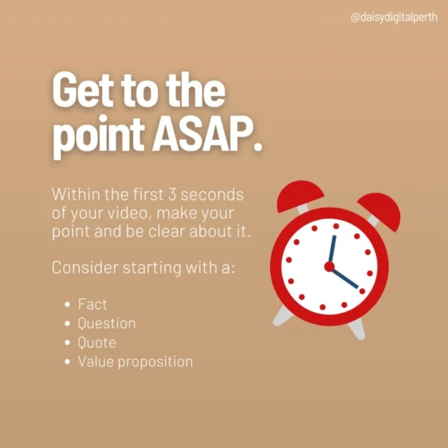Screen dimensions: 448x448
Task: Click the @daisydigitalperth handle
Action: [393, 17]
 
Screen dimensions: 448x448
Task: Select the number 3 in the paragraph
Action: [171, 195]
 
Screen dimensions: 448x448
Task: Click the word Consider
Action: [85, 267]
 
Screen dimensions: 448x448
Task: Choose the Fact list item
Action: [92, 304]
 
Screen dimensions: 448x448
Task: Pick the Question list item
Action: [107, 323]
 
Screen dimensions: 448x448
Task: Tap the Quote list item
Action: [97, 342]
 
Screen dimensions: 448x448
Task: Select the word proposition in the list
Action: [155, 363]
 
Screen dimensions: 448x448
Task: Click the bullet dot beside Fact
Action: [67, 304]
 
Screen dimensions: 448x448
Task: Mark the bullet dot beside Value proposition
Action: [67, 362]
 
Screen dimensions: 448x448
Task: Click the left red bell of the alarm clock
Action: [300, 195]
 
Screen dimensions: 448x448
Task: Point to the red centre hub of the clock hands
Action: [330, 267]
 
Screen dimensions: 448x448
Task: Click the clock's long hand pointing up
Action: [332, 249]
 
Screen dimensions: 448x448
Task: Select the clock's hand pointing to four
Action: [345, 278]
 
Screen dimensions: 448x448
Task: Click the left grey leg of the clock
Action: [282, 316]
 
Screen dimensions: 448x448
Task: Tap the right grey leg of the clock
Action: [356, 329]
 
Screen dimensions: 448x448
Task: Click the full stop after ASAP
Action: [258, 146]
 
